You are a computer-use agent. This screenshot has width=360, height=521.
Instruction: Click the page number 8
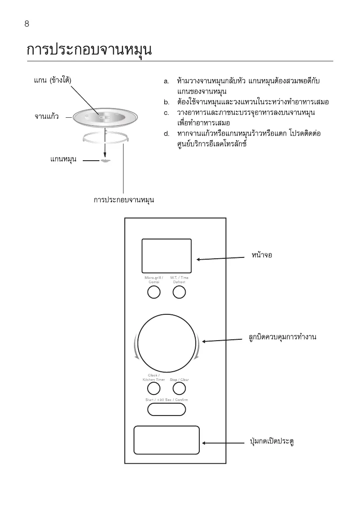(27, 24)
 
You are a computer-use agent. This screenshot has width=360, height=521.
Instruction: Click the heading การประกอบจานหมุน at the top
(89, 49)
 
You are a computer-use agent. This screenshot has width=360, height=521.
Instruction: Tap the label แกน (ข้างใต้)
(53, 81)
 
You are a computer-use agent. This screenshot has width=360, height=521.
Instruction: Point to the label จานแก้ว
(46, 117)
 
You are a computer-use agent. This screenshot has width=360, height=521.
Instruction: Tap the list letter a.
(166, 81)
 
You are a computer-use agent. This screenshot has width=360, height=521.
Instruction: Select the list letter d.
(166, 133)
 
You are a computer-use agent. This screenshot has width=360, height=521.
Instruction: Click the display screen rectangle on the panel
(166, 256)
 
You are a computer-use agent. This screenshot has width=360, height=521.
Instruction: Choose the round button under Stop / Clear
(179, 388)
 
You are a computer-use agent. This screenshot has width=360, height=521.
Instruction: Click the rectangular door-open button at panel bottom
(166, 440)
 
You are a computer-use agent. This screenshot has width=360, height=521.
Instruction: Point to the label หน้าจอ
(262, 255)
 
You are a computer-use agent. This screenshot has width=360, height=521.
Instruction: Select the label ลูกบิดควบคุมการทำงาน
(280, 337)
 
